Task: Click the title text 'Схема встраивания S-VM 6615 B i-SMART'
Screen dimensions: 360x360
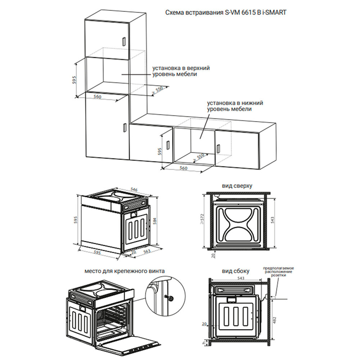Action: click(x=226, y=13)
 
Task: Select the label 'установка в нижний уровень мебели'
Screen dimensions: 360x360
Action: click(x=234, y=106)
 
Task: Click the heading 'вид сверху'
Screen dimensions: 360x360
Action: click(x=237, y=186)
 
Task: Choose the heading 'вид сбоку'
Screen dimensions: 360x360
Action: click(x=236, y=271)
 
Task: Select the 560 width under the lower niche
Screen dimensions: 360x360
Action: click(x=184, y=168)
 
